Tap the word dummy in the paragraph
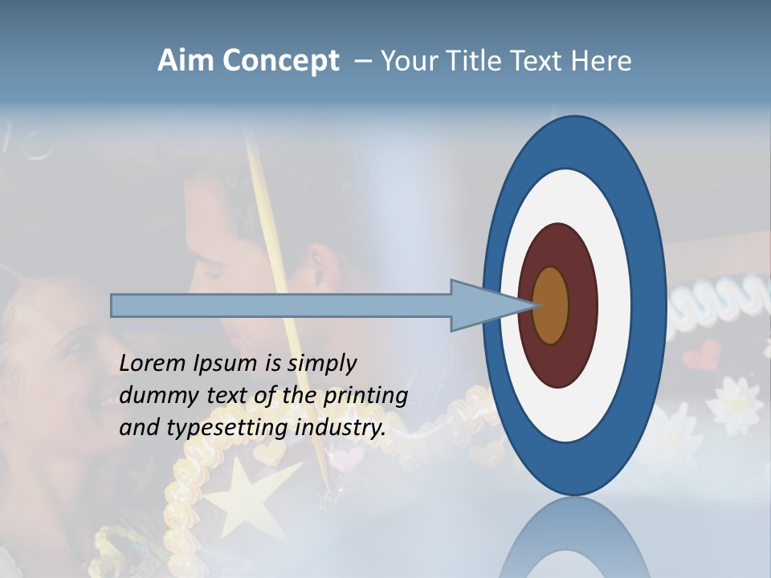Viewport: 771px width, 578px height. tap(153, 396)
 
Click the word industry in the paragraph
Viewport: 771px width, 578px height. tap(341, 429)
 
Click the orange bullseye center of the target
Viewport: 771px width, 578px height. tap(551, 305)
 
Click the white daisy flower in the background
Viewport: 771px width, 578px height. tap(734, 401)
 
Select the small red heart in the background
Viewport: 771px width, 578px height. tap(708, 354)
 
